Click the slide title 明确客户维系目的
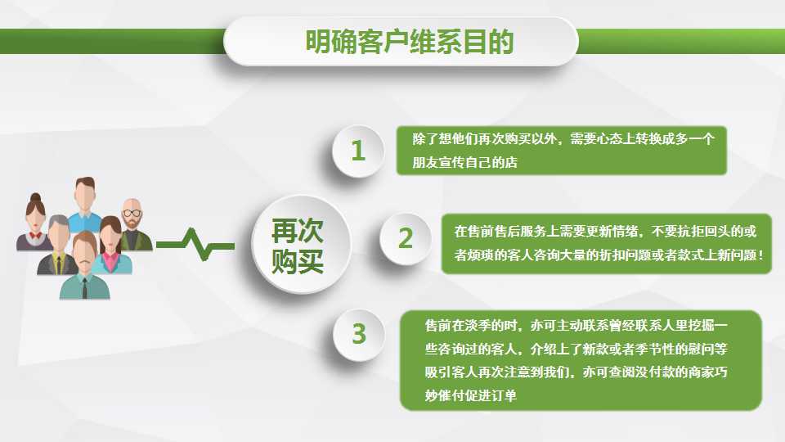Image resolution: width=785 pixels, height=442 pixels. pyautogui.click(x=410, y=42)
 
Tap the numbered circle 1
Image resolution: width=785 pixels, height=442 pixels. pyautogui.click(x=358, y=151)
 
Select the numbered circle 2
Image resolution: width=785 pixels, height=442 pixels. pyautogui.click(x=406, y=238)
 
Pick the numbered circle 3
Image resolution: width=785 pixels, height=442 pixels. pyautogui.click(x=359, y=334)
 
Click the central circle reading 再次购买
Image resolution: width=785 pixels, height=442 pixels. pyautogui.click(x=301, y=245)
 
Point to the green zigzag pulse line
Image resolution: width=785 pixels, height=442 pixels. pyautogui.click(x=195, y=245)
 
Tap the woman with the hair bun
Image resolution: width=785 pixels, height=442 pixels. pyautogui.click(x=34, y=222)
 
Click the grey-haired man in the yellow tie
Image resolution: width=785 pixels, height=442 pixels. pyautogui.click(x=58, y=246)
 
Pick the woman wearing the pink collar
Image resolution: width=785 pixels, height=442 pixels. pyautogui.click(x=112, y=246)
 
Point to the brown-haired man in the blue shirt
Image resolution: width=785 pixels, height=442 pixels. pyautogui.click(x=84, y=205)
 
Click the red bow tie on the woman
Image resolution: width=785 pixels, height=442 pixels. pyautogui.click(x=35, y=235)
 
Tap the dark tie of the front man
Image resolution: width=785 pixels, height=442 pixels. pyautogui.click(x=84, y=288)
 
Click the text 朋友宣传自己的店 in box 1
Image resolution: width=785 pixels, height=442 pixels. pyautogui.click(x=464, y=162)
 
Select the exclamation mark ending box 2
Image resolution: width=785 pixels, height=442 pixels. pyautogui.click(x=761, y=255)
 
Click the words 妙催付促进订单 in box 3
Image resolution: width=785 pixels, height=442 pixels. pyautogui.click(x=471, y=395)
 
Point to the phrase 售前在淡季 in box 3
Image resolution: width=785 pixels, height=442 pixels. pyautogui.click(x=458, y=326)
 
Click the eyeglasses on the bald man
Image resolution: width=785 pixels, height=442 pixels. pyautogui.click(x=132, y=213)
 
